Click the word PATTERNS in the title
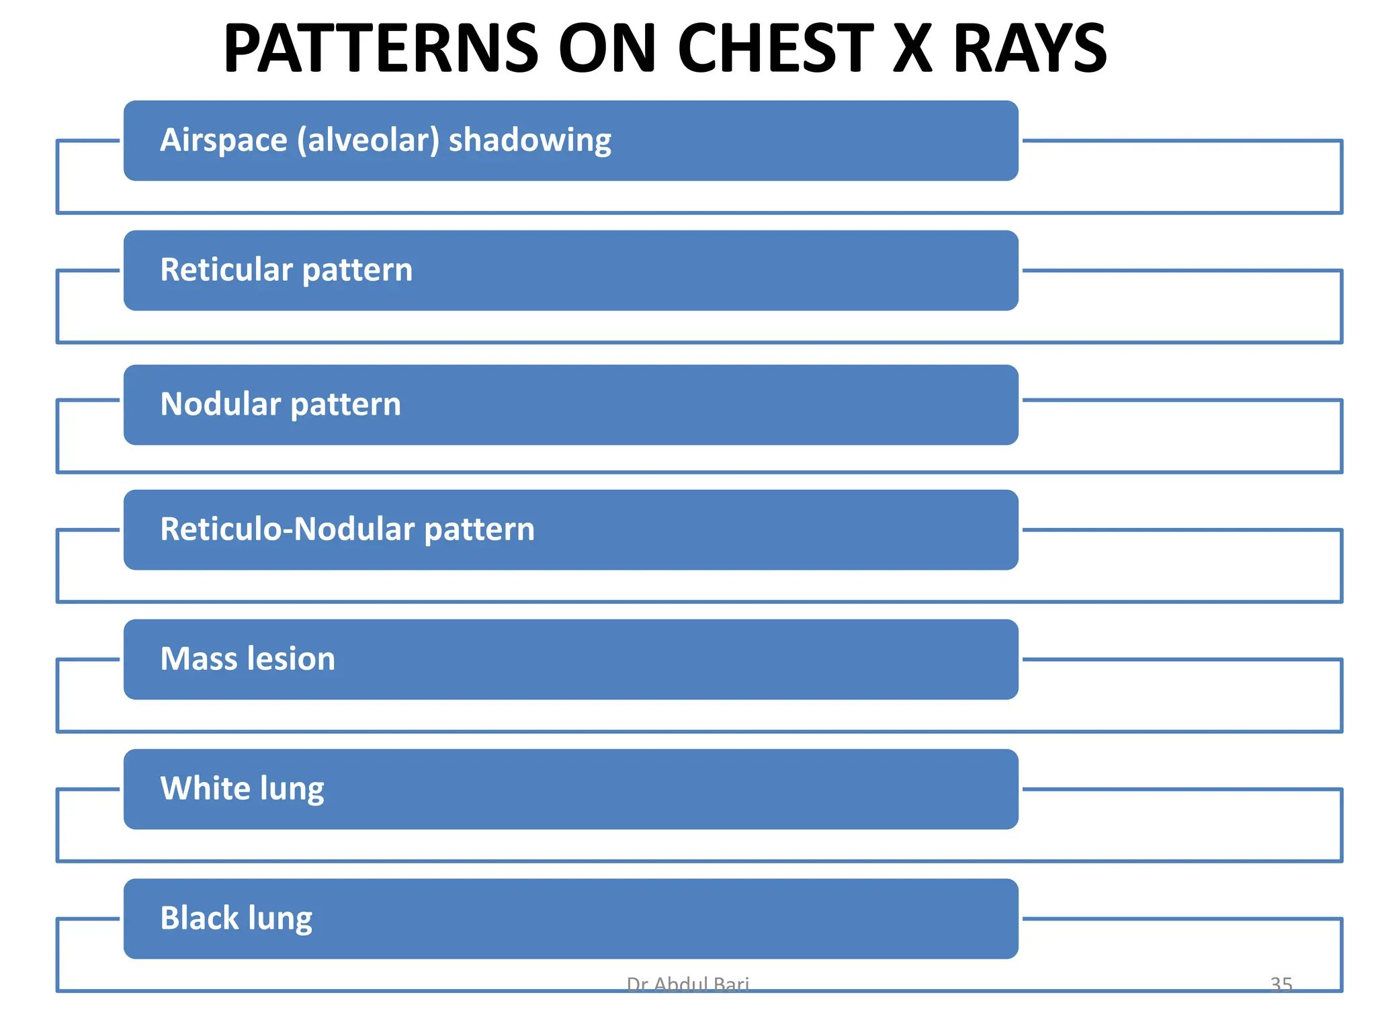click(381, 49)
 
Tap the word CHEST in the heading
click(775, 49)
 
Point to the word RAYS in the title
click(1029, 49)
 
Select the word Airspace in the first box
click(224, 140)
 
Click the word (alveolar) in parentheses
click(368, 140)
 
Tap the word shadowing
click(529, 140)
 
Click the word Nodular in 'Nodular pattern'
click(220, 404)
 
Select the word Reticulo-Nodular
click(288, 529)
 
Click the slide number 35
click(1281, 984)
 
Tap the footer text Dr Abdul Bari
click(687, 984)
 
